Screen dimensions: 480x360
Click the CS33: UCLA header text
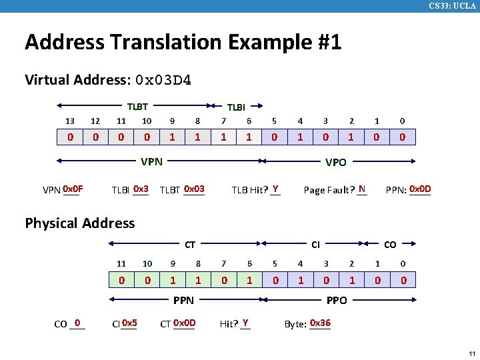click(x=453, y=6)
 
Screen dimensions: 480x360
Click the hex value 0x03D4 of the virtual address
click(x=163, y=81)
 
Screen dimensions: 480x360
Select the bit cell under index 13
click(x=70, y=137)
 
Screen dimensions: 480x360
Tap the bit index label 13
click(x=70, y=121)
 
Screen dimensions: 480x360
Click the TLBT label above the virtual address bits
click(x=137, y=106)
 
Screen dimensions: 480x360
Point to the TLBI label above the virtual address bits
click(x=236, y=107)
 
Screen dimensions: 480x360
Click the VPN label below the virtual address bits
click(x=151, y=161)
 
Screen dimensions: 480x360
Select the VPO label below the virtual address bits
click(x=335, y=162)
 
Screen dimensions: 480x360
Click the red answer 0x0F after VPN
click(x=73, y=189)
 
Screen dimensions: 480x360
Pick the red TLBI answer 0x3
click(x=141, y=189)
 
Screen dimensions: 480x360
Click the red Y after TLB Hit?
click(x=275, y=189)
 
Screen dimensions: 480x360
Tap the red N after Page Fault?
click(x=361, y=189)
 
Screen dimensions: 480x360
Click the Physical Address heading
click(x=79, y=223)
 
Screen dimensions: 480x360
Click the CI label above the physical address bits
click(x=316, y=245)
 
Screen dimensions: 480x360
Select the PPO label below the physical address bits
click(x=336, y=301)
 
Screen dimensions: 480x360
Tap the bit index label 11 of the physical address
click(x=121, y=264)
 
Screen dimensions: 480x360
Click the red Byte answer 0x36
click(x=320, y=323)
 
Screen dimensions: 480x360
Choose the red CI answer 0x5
click(x=129, y=323)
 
